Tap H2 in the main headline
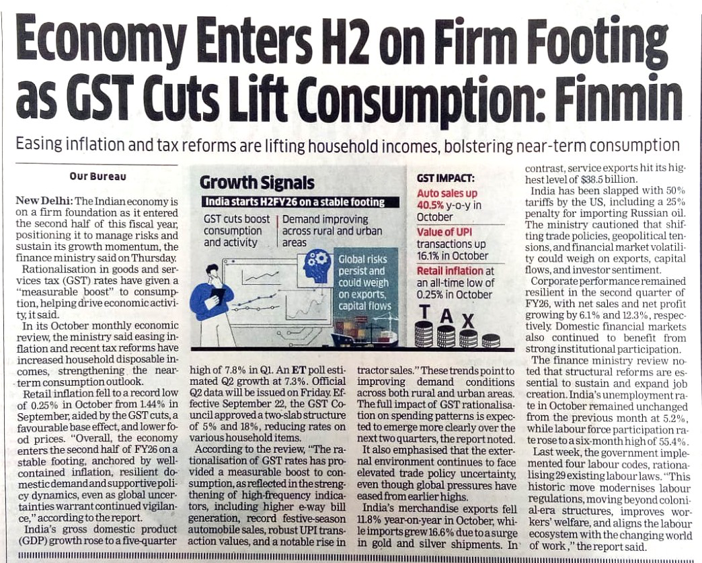point(345,43)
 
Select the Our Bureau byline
point(97,177)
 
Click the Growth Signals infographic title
point(257,183)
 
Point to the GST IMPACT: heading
point(446,179)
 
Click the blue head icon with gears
point(317,266)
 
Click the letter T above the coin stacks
point(425,313)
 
